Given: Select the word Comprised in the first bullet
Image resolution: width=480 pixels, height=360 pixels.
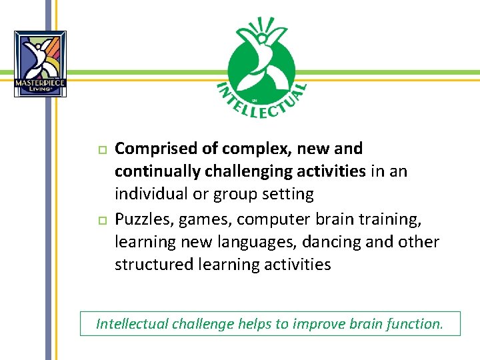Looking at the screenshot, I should pyautogui.click(x=154, y=148).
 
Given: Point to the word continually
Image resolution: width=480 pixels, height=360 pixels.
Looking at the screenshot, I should pyautogui.click(x=157, y=171).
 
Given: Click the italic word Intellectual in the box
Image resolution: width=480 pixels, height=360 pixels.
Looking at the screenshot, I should pyautogui.click(x=132, y=324).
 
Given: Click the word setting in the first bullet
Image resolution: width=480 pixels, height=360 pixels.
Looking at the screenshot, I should pyautogui.click(x=287, y=194).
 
